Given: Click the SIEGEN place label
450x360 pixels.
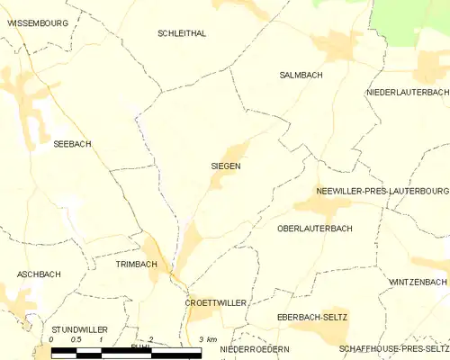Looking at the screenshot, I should click(x=226, y=166).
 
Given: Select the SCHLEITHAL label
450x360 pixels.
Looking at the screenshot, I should click(x=182, y=33).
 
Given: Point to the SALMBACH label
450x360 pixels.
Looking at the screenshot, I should click(x=301, y=76).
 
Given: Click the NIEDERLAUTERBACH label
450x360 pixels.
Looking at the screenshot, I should click(x=407, y=93).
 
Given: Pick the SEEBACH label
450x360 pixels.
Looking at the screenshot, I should click(x=72, y=144).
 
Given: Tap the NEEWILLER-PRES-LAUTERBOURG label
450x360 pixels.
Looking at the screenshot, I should click(x=382, y=192).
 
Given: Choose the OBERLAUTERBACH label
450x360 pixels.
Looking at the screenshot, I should click(x=315, y=229).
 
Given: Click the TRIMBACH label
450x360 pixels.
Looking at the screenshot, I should click(x=137, y=265).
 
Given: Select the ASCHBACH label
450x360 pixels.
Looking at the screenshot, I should click(x=38, y=274).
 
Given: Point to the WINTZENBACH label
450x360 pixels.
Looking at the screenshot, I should click(x=418, y=282).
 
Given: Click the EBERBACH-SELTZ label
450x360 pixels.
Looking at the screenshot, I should click(x=312, y=318).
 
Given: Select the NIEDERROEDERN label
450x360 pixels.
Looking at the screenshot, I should click(x=255, y=348).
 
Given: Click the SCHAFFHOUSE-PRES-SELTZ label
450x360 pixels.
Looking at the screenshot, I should click(x=393, y=348).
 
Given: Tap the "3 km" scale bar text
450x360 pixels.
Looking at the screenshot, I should click(x=208, y=339).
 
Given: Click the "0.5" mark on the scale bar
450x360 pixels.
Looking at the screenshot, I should click(x=76, y=339).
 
